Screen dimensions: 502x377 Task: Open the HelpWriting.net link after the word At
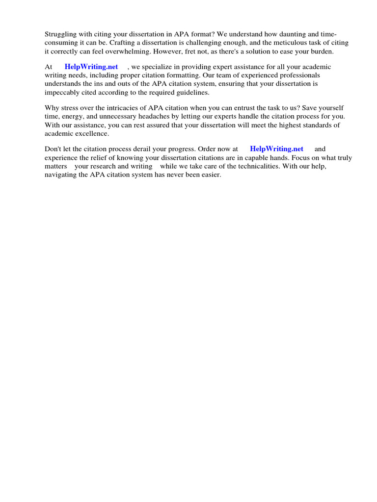point(91,67)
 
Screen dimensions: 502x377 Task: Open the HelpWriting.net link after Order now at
point(277,149)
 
